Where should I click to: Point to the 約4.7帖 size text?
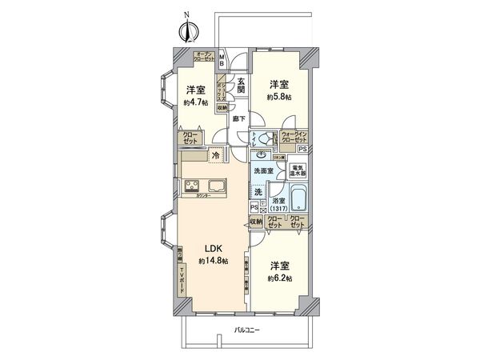coord(194,102)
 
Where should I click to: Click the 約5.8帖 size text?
coord(278,96)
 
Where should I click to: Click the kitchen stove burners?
coord(194,189)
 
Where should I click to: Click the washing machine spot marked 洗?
coord(258,192)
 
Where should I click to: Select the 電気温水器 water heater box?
coord(298,171)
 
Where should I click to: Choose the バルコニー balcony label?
coord(250,330)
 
